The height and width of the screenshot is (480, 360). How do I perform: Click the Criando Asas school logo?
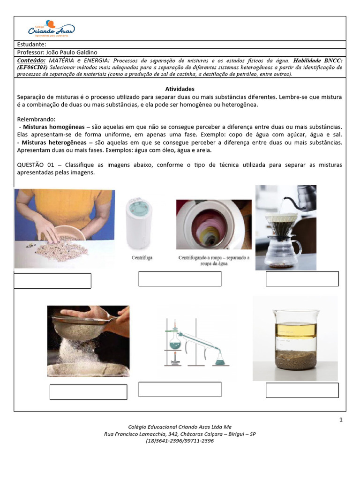[x=51, y=29]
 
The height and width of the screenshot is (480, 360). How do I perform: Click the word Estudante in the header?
[x=31, y=44]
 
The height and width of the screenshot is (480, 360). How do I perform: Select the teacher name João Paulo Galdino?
[x=71, y=52]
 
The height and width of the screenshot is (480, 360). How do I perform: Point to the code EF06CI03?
[x=34, y=67]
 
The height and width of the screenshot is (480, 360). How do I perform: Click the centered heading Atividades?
[x=180, y=89]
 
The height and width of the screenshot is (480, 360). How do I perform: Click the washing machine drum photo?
[x=214, y=225]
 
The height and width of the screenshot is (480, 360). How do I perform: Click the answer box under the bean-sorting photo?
[x=52, y=281]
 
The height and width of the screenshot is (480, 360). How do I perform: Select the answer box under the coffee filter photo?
[x=302, y=278]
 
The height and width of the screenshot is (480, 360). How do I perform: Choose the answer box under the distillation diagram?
[x=180, y=389]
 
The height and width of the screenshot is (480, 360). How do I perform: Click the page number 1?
[x=341, y=420]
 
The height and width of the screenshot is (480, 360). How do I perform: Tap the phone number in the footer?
[x=180, y=441]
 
